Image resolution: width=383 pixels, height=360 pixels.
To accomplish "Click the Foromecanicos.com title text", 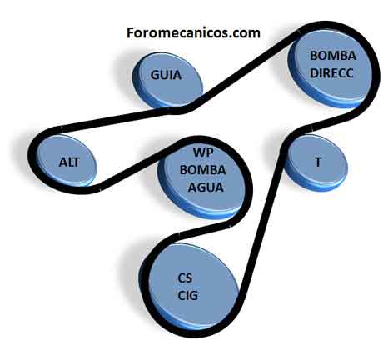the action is click(193, 32).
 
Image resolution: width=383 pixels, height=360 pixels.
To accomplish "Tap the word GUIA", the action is click(166, 75).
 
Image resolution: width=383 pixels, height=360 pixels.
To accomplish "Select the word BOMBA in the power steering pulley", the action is click(333, 56).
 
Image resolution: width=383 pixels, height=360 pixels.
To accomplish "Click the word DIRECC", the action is click(331, 73).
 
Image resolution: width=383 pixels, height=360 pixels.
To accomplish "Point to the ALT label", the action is click(69, 162).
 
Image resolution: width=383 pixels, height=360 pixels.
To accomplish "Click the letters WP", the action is click(203, 152).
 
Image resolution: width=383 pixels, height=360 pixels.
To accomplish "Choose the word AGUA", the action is click(206, 187).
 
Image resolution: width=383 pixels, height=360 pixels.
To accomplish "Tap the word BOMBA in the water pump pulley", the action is click(203, 170).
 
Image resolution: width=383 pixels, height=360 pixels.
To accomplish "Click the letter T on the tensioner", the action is click(318, 162).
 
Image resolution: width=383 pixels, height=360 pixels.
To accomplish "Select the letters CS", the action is click(185, 277).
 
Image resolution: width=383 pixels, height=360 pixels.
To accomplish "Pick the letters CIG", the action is click(188, 295).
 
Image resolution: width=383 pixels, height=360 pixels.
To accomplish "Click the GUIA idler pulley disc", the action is click(167, 80).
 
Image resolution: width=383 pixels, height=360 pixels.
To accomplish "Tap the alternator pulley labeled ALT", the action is click(67, 161).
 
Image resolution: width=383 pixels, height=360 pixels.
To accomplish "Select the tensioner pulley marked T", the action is click(316, 162).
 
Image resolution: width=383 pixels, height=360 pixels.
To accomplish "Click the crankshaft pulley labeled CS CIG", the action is click(191, 286).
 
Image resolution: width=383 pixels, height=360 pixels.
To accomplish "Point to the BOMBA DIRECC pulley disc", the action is click(330, 68).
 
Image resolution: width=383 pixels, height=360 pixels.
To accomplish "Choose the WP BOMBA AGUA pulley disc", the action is click(201, 177).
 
